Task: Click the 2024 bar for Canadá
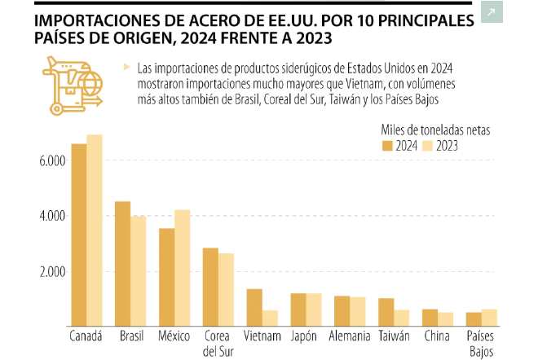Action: pyautogui.click(x=78, y=235)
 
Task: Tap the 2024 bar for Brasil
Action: pyautogui.click(x=122, y=264)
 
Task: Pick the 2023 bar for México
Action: pyautogui.click(x=183, y=268)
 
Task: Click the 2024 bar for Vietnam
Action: pyautogui.click(x=254, y=307)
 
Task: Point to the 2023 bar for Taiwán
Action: pyautogui.click(x=402, y=318)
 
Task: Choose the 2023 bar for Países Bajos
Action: pyautogui.click(x=489, y=318)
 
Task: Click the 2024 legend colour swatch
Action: pyautogui.click(x=387, y=146)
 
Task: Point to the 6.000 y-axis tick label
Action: pyautogui.click(x=51, y=160)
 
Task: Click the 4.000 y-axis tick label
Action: pyautogui.click(x=51, y=216)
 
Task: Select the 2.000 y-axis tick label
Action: pyautogui.click(x=51, y=271)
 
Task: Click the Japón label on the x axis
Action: pyautogui.click(x=306, y=336)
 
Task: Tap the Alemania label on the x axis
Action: pyautogui.click(x=351, y=336)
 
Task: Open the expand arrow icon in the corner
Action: pyautogui.click(x=492, y=13)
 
